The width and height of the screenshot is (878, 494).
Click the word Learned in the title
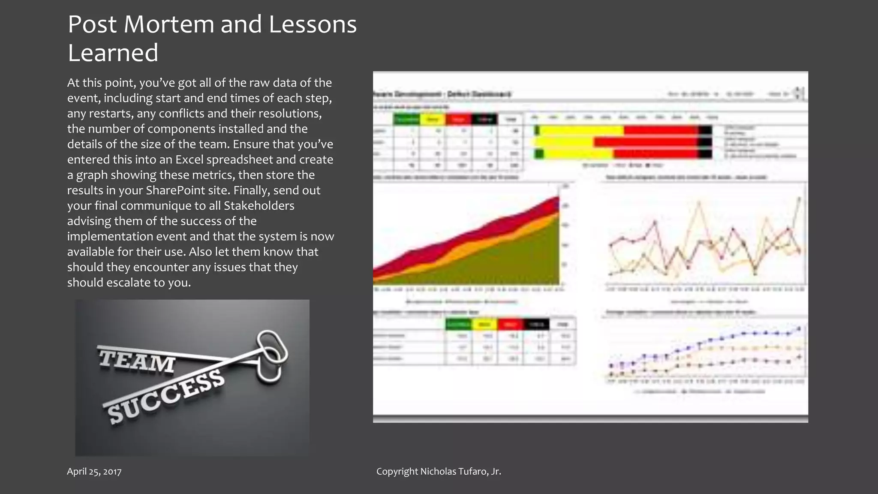(113, 53)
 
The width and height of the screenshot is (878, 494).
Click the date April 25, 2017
(94, 472)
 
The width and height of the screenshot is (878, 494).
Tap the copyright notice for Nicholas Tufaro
(439, 472)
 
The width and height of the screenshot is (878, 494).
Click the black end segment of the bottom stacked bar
(705, 153)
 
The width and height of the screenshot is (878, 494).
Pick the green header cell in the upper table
(406, 119)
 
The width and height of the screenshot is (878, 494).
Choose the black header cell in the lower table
(536, 324)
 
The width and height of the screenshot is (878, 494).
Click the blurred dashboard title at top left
(442, 94)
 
